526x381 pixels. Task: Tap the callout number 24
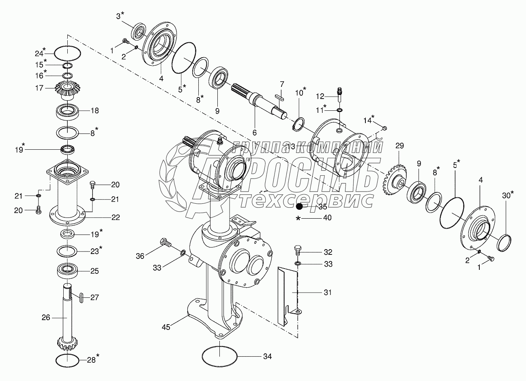point(39,54)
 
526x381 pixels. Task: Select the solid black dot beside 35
point(299,207)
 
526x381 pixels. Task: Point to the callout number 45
point(166,327)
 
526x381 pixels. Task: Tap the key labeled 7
point(279,98)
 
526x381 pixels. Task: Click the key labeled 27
point(81,298)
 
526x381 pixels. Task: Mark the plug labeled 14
point(384,128)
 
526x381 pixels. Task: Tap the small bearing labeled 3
point(140,32)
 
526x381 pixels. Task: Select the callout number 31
point(327,293)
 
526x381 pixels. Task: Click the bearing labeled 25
point(67,271)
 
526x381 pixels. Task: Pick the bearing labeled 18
point(67,112)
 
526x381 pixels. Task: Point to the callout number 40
point(327,218)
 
